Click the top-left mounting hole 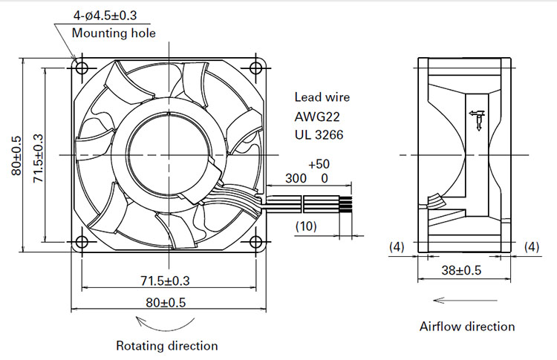[x=82, y=68]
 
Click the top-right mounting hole [x=255, y=68]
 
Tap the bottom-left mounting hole [x=82, y=242]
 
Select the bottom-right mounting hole [x=255, y=242]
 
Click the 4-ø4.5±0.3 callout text [x=105, y=16]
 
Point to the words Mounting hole [x=114, y=33]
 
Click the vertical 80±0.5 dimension [x=16, y=155]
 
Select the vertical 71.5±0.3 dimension [x=38, y=158]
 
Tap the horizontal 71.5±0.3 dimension [x=165, y=281]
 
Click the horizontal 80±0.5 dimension [x=166, y=303]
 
